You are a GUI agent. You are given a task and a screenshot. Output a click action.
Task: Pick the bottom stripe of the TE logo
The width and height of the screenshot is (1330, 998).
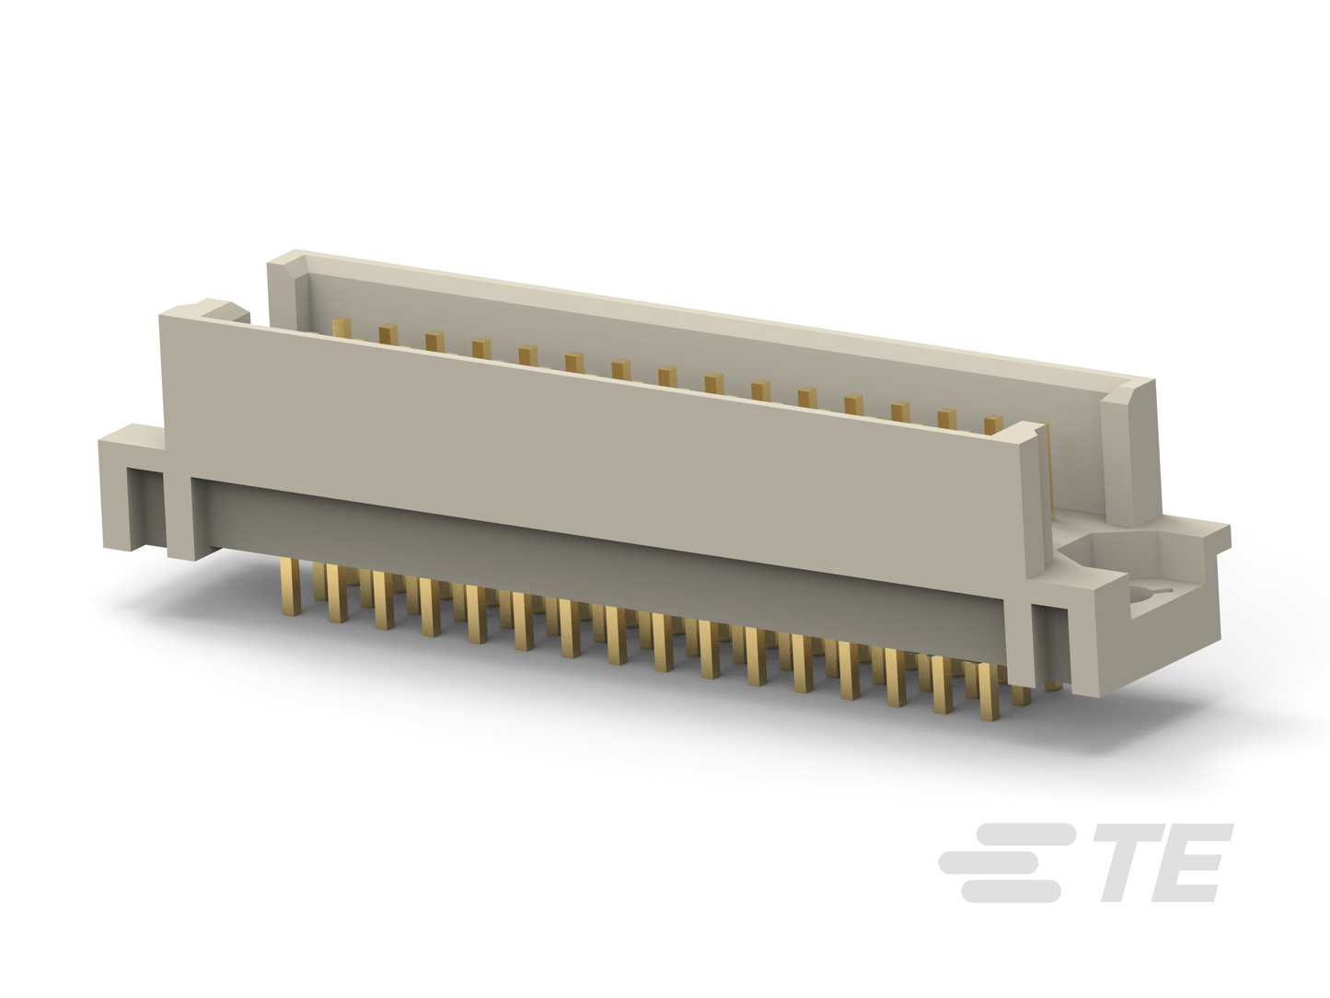pyautogui.click(x=1011, y=891)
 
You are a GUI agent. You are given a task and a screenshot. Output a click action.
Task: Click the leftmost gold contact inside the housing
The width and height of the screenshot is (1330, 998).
pyautogui.click(x=341, y=328)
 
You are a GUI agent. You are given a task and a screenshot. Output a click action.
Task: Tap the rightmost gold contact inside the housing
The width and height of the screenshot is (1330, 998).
pyautogui.click(x=993, y=425)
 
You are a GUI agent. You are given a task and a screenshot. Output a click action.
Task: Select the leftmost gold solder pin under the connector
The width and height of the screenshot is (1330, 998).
pyautogui.click(x=292, y=586)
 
